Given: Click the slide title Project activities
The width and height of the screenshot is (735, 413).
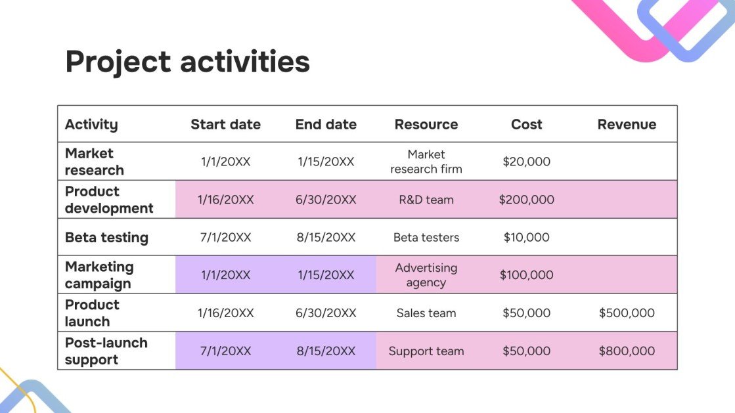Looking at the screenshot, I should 187,62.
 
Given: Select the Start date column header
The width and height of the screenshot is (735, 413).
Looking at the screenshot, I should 225,124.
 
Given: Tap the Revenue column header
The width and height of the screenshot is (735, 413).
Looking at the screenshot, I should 627,124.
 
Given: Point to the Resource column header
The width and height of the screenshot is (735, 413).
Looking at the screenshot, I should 426,124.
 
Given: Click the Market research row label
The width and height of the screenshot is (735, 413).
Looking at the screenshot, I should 94,162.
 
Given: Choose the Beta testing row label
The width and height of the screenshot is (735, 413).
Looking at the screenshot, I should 106,238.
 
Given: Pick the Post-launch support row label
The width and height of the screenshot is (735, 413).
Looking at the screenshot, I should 106,351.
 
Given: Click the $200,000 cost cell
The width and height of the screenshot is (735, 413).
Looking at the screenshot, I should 526,200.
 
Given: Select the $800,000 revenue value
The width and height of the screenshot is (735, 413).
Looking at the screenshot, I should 627,351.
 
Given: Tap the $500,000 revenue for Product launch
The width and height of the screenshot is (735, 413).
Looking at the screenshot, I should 627,313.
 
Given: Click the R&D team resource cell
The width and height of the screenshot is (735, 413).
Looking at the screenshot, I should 426,200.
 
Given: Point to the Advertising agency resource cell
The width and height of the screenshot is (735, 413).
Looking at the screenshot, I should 426,275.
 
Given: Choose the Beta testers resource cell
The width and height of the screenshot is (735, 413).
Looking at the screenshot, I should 426,238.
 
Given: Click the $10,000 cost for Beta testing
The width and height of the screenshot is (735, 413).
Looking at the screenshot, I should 526,238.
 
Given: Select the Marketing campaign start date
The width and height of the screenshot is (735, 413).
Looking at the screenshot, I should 225,275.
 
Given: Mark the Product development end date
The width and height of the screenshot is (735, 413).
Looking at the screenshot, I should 326,200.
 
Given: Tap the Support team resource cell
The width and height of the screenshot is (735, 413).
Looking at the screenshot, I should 426,351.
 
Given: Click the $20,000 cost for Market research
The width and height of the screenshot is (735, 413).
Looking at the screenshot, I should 526,162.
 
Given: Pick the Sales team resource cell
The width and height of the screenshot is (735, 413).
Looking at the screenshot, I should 426,313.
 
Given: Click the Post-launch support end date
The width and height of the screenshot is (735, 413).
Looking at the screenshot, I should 326,351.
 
